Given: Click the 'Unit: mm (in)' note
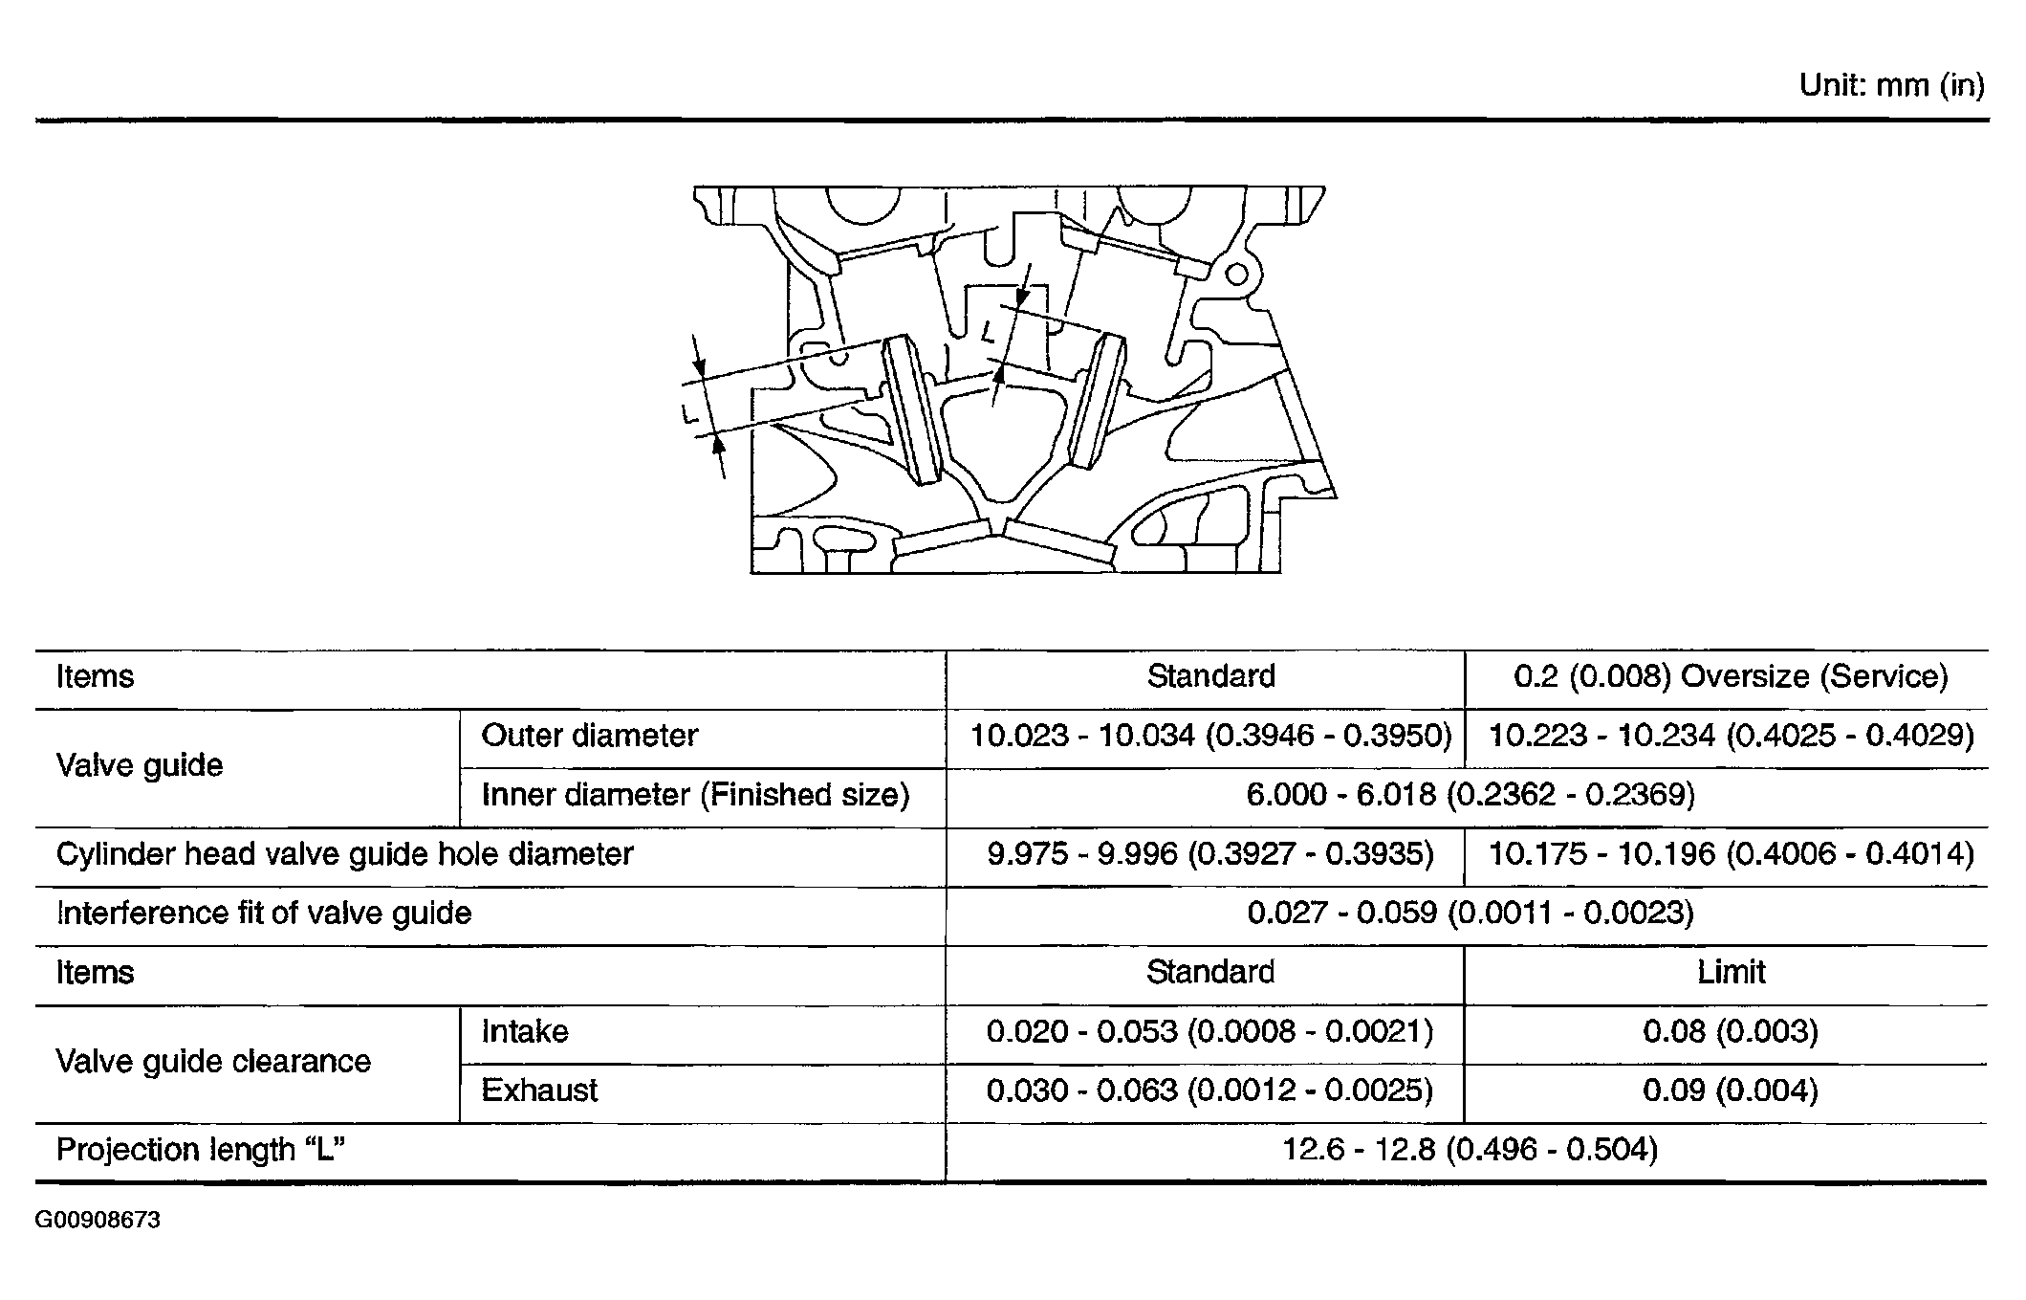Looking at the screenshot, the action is [x=1891, y=86].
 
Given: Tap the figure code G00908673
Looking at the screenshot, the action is [x=98, y=1221].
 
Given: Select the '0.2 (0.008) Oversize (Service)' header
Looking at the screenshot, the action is [x=1731, y=676].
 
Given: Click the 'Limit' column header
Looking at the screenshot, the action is [x=1731, y=972].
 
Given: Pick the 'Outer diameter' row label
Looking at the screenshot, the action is [x=589, y=736].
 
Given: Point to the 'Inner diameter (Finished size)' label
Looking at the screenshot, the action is [x=695, y=795].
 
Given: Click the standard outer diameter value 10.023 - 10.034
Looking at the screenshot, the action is [x=1210, y=736].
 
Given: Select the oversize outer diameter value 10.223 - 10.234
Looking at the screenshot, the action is [x=1732, y=736].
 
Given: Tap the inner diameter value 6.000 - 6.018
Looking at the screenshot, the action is [x=1470, y=795].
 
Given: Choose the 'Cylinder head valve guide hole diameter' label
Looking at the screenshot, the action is [x=344, y=854].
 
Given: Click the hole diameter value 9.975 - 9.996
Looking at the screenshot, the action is [x=1210, y=854].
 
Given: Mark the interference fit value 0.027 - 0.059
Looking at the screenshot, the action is [x=1470, y=913].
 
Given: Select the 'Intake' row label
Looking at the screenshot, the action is [x=525, y=1031].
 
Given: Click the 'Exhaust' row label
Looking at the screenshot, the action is [x=539, y=1091].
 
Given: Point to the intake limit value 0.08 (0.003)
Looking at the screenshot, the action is [x=1731, y=1031].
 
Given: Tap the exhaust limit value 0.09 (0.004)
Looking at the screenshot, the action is [x=1731, y=1091].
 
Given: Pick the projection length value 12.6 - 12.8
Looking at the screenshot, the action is [x=1470, y=1149].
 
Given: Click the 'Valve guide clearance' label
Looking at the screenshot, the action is [x=213, y=1061].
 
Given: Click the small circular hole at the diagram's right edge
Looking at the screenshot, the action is [x=1236, y=275].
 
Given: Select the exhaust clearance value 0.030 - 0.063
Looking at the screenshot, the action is [x=1210, y=1091].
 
